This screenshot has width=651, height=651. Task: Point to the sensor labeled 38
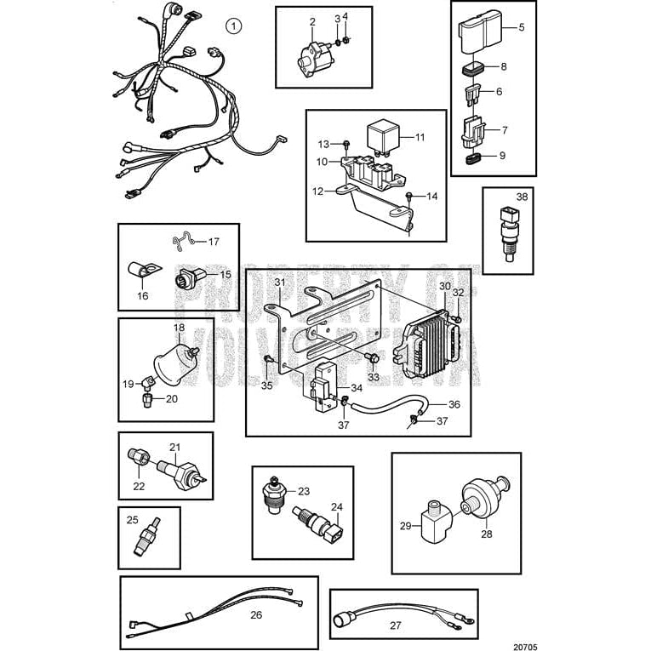510,233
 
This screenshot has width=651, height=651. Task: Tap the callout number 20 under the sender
171,398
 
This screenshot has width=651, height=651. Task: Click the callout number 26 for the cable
255,614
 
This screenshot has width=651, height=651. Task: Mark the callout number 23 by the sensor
305,491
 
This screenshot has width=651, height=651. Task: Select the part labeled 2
306,55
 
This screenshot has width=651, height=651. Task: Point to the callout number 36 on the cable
454,405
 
